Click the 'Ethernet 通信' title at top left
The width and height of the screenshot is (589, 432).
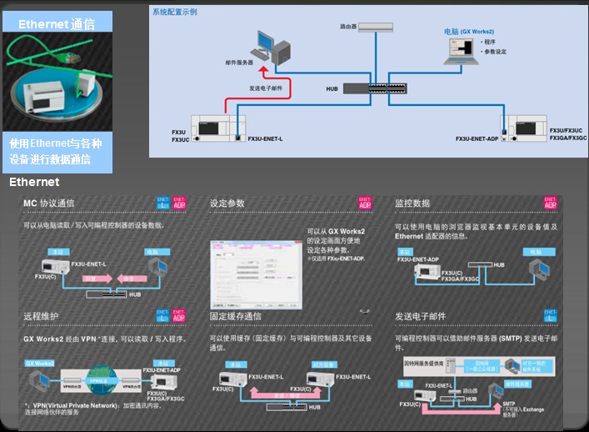(57, 24)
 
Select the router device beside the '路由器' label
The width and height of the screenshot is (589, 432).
(374, 27)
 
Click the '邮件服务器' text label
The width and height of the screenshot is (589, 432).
(239, 63)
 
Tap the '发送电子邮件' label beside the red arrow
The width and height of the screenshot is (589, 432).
(268, 87)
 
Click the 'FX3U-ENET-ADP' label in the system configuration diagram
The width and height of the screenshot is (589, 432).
(477, 139)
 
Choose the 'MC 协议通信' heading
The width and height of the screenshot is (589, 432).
(49, 203)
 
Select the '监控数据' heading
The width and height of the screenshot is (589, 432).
(412, 203)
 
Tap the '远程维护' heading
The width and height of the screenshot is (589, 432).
(40, 316)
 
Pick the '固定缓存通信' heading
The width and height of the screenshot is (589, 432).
(236, 317)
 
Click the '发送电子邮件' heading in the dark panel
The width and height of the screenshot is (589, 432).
(421, 317)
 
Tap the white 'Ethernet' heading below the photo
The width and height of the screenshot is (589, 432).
(33, 182)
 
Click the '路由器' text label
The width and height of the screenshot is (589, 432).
(341, 27)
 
